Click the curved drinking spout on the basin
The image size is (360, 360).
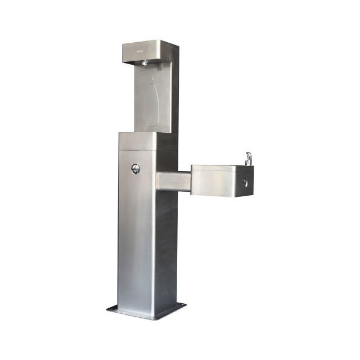click(x=248, y=158)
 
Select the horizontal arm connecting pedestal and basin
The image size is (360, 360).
click(x=173, y=181)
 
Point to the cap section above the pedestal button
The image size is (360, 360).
click(x=137, y=141)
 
